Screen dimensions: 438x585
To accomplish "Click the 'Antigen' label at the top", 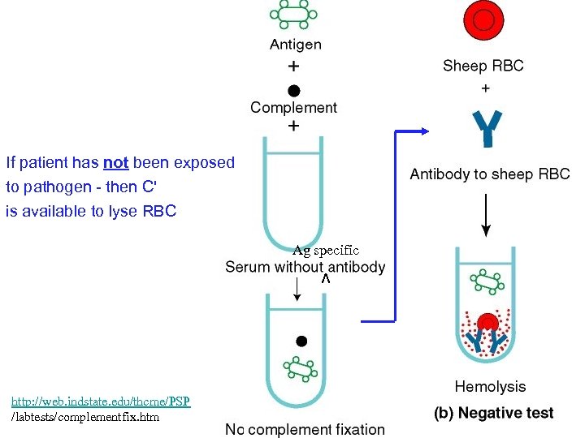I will point(295,45).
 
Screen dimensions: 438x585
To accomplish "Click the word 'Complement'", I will point(293,107).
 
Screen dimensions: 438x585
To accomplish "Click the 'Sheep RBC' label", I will point(483,66).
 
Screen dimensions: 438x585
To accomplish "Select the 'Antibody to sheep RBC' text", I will point(489,174).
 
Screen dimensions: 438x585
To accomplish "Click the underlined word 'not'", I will point(116,162).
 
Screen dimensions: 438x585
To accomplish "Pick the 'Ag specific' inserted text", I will point(325,251).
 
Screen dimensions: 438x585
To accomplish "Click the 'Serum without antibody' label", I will point(305,267).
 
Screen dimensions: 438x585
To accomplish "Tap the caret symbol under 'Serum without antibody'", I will point(325,279).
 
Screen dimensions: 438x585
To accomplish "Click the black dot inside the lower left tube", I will point(301,341).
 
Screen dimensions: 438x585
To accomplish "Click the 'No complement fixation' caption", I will point(305,429).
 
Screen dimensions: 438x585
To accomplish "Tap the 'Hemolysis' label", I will point(490,387).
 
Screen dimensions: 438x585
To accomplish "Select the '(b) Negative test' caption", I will point(493,413).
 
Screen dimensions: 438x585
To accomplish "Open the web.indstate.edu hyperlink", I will point(100,401).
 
